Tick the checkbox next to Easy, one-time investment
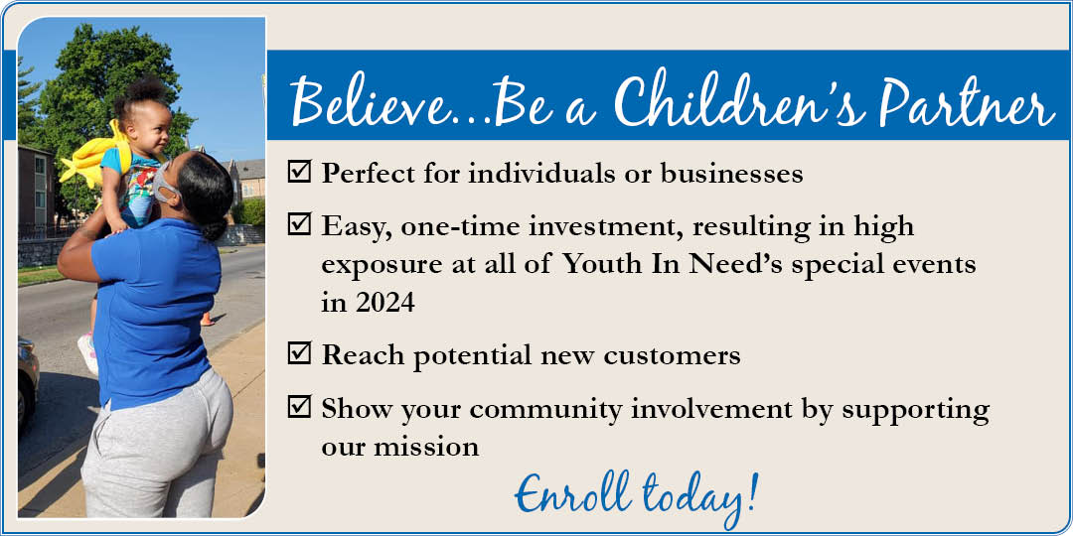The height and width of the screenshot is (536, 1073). (299, 224)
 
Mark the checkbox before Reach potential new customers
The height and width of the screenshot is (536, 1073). (299, 353)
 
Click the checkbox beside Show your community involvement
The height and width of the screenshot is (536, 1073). (299, 407)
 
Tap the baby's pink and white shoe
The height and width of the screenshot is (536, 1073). (87, 352)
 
